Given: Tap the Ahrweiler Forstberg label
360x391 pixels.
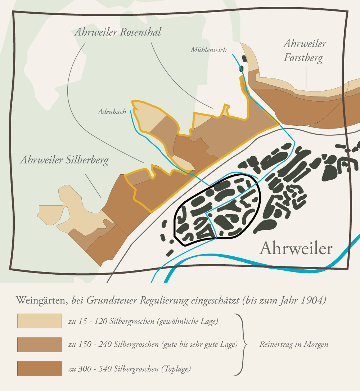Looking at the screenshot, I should [x=305, y=51].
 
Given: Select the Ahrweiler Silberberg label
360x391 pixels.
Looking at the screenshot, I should [x=64, y=160].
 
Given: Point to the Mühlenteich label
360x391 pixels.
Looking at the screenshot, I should [x=208, y=50].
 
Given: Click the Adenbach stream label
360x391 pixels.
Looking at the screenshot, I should [x=112, y=112].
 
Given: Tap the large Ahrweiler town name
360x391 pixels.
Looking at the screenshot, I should [x=296, y=248].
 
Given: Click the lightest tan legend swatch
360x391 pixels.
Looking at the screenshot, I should [x=40, y=321].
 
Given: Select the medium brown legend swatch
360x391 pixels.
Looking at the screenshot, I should [x=40, y=345].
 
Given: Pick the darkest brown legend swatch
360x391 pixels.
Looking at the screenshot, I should [x=40, y=368].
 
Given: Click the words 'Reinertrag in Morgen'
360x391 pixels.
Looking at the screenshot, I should [x=294, y=345].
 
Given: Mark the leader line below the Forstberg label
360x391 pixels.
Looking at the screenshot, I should [x=306, y=77].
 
